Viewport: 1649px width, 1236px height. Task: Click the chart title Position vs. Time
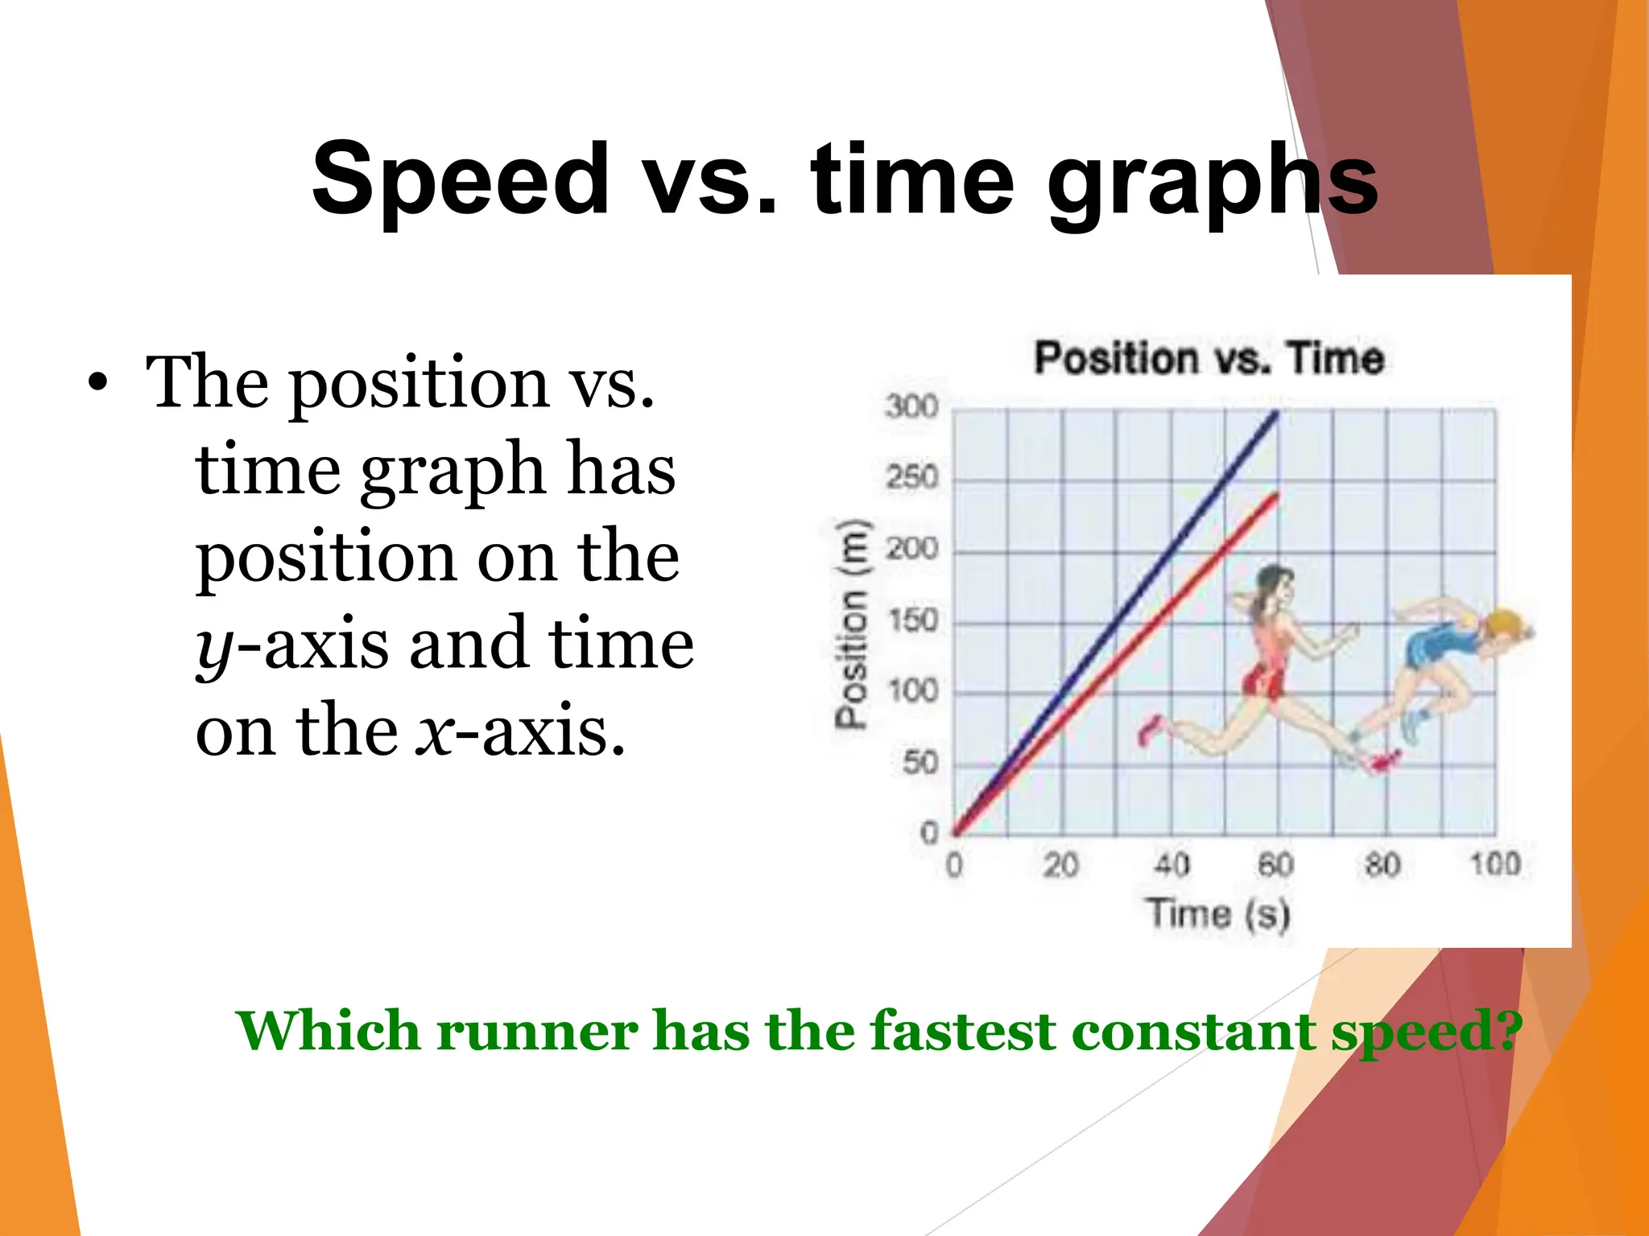1209,358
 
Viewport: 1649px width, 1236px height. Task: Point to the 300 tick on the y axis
912,406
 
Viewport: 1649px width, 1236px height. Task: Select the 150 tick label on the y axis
914,620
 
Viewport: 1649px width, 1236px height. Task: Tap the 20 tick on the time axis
1060,865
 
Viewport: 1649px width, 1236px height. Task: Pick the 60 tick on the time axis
1276,865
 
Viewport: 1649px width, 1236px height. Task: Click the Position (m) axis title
852,624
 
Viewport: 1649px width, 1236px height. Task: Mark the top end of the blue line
1276,414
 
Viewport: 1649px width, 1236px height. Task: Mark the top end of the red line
1276,494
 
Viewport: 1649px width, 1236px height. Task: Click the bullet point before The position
97,383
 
